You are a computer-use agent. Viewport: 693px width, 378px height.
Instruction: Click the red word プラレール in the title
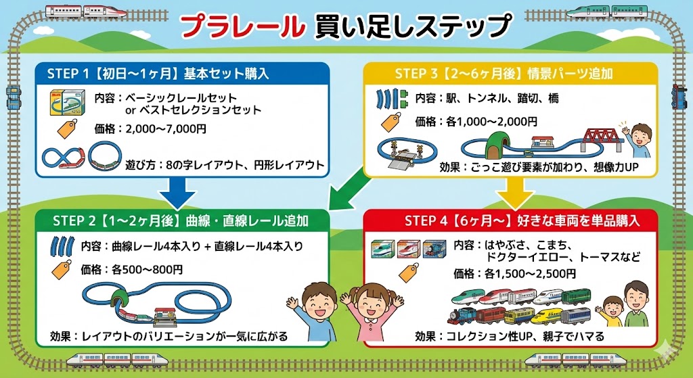(242, 26)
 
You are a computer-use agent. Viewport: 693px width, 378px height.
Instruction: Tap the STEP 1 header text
(158, 74)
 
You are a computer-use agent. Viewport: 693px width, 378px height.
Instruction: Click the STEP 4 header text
(521, 220)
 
